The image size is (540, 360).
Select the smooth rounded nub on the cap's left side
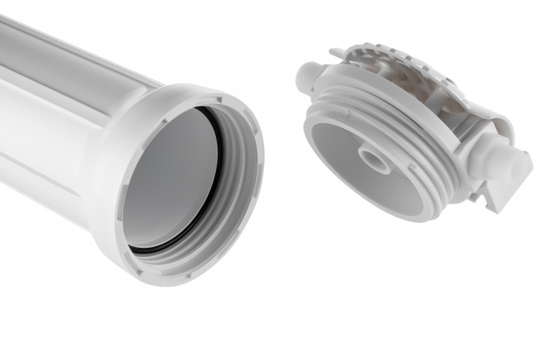pyautogui.click(x=305, y=76)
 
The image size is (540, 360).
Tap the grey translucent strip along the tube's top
pyautogui.click(x=75, y=58)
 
